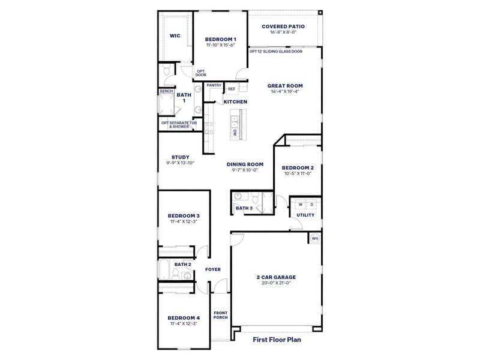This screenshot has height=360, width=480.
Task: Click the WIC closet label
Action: coord(175,36)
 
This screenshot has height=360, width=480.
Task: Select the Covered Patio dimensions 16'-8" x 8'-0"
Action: coord(283,34)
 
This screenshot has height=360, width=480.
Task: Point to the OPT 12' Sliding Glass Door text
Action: coord(276,52)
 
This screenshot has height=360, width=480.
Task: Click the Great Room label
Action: coord(284,85)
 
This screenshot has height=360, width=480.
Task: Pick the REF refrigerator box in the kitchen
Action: coord(231,89)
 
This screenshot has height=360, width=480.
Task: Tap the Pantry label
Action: coord(214,85)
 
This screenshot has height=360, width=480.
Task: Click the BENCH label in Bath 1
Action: coord(166,91)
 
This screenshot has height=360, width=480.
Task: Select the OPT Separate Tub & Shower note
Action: coord(179,125)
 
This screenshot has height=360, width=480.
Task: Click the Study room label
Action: coord(180,157)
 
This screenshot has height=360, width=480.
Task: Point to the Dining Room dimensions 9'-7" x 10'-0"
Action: coord(245,170)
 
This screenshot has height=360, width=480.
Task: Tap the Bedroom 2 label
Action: coord(298,167)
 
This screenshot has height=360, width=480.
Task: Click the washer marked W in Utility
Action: coord(301,205)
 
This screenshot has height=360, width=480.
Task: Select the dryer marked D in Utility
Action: coord(312,205)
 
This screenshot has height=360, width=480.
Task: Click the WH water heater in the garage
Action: coord(314,239)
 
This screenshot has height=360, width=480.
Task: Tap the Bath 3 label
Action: coord(244,208)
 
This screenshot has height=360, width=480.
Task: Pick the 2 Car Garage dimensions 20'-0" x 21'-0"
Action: coord(276,283)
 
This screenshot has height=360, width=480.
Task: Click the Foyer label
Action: coord(213,269)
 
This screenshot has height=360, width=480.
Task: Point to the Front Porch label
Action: coord(220,315)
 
